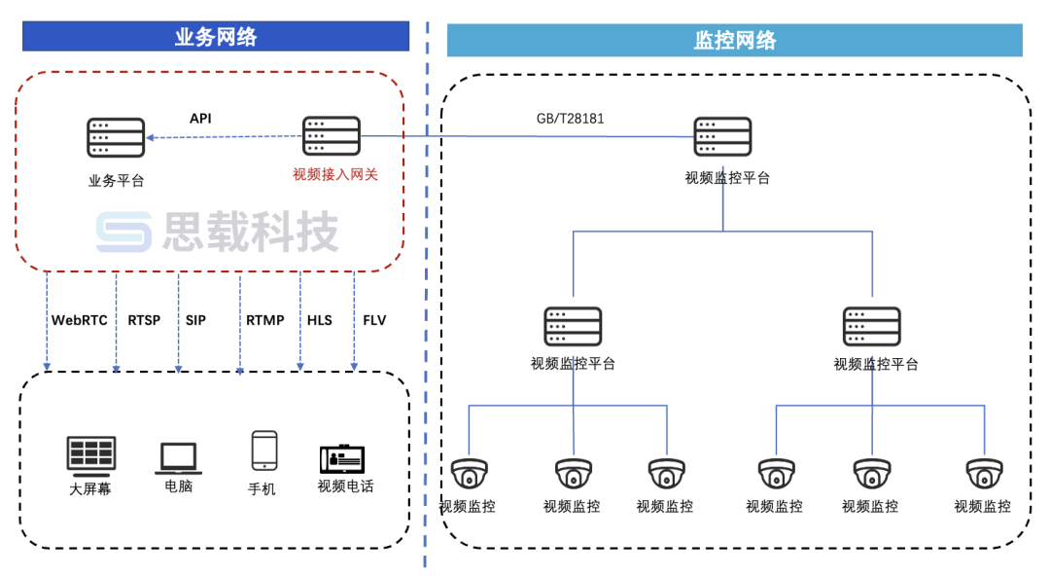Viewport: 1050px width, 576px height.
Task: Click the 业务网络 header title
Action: pos(216,37)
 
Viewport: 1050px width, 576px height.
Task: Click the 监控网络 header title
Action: pos(735,40)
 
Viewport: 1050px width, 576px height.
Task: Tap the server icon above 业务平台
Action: pos(116,137)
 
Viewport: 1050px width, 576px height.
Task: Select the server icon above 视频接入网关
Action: pos(331,136)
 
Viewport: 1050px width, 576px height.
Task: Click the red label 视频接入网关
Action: pos(334,175)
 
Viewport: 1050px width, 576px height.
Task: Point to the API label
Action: pos(200,119)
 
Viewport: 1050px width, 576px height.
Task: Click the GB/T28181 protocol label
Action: pos(570,119)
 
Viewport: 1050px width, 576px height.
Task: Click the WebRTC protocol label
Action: pos(80,320)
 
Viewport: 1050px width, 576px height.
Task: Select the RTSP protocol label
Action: pos(144,320)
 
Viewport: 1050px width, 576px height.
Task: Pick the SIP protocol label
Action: pos(195,320)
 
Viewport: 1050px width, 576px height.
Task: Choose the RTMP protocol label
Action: pos(264,320)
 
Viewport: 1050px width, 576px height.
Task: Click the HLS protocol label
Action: pos(320,320)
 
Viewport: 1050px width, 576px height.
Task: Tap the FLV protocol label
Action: pos(374,320)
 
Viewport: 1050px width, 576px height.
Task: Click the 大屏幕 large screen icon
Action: pos(91,453)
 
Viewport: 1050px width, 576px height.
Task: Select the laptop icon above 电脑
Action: pos(178,457)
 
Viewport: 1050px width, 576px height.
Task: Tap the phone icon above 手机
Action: pos(263,451)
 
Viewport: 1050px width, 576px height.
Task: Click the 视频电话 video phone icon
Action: pos(344,459)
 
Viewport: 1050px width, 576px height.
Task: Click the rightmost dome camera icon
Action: pos(984,475)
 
